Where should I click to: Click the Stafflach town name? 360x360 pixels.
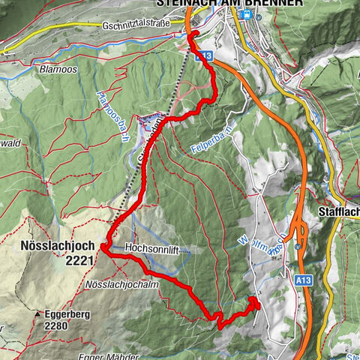(x=339, y=211)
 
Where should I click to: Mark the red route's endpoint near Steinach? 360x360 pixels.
(x=193, y=34)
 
